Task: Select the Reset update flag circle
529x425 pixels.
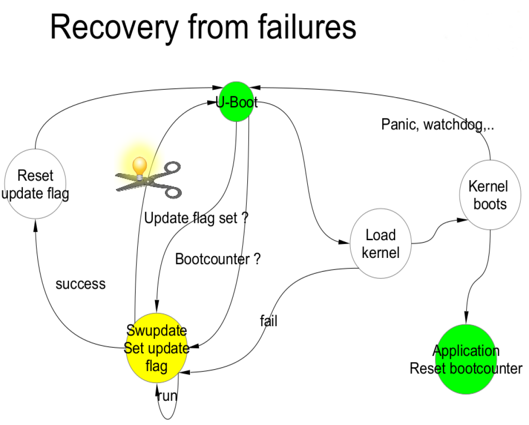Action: click(x=35, y=184)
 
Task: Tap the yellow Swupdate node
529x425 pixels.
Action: click(x=156, y=349)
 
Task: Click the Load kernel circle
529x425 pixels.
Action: click(x=380, y=243)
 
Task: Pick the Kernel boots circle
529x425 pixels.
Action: click(x=488, y=195)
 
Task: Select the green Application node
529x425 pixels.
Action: click(x=466, y=359)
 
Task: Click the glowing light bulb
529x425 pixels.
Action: click(x=140, y=166)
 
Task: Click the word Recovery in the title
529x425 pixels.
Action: click(x=114, y=27)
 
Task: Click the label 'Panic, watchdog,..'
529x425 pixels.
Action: click(x=437, y=125)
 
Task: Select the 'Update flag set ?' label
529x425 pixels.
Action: click(x=196, y=218)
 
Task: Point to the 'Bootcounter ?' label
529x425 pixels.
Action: click(x=217, y=259)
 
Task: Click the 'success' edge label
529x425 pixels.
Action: click(x=81, y=284)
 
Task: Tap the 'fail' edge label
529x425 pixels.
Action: click(x=269, y=321)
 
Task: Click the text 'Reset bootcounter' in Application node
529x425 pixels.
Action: click(x=466, y=369)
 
